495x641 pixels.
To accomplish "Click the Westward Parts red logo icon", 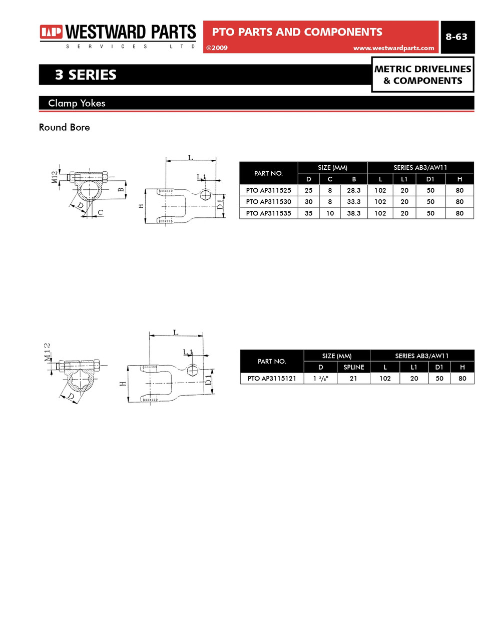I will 51,33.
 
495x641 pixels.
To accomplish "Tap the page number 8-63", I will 456,37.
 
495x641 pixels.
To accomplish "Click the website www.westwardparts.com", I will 393,48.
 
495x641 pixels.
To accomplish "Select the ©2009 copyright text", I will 217,48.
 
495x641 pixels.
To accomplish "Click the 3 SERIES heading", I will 86,75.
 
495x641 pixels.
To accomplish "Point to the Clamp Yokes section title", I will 77,103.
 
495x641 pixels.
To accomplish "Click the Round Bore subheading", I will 65,127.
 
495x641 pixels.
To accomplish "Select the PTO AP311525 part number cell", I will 268,190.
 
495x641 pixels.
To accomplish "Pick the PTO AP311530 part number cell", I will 268,202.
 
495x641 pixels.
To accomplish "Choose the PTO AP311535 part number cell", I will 268,213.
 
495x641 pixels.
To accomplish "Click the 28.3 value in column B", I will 353,190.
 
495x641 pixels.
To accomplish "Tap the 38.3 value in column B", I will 353,213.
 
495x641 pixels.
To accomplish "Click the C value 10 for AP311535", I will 330,213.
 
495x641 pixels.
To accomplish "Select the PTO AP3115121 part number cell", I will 272,379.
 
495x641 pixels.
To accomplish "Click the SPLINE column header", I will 353,367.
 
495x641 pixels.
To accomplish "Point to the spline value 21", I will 353,379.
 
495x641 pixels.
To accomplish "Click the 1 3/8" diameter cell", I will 320,379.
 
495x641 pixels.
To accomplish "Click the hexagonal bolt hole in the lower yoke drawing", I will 193,371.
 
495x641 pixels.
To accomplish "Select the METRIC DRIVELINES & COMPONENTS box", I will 422,75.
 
